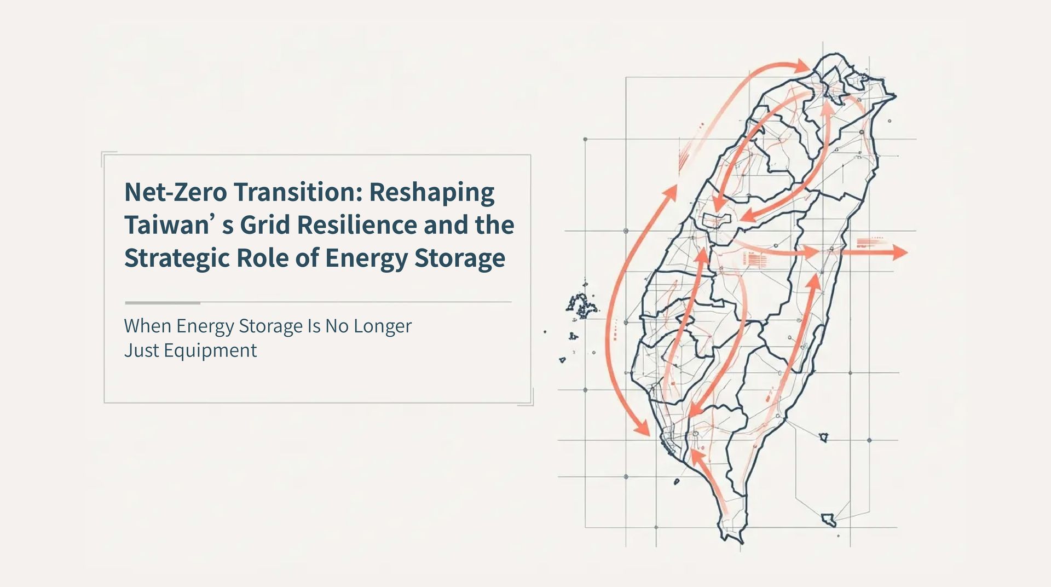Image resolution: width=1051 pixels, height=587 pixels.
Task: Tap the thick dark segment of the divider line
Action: coord(162,302)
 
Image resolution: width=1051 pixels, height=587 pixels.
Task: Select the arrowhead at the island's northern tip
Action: coord(802,66)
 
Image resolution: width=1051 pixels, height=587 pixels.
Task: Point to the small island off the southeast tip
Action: coord(828,519)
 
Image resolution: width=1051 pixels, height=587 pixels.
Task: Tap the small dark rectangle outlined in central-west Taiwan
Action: coord(717,220)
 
